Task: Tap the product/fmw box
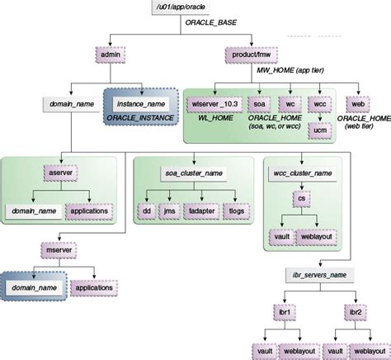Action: (x=247, y=57)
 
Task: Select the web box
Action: (x=358, y=105)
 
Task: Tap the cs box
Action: (x=302, y=199)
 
